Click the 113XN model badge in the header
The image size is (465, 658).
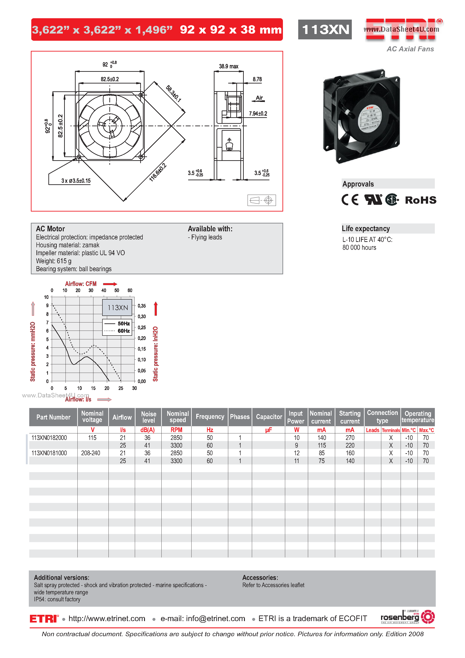[325, 29]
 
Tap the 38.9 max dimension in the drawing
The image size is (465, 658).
[228, 66]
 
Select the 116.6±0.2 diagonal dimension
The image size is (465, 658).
[158, 173]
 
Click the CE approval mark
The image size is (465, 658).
[350, 200]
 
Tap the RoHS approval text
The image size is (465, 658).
[420, 200]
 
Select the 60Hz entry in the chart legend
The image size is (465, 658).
[124, 331]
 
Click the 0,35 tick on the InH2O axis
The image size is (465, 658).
[142, 306]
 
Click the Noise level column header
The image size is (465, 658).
[149, 417]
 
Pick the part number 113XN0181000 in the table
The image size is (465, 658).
[49, 453]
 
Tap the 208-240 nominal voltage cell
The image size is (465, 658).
[91, 453]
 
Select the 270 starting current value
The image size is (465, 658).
[350, 438]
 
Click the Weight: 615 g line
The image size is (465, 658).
[54, 261]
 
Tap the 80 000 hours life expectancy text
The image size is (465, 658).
[359, 248]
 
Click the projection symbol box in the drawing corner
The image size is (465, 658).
[262, 200]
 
